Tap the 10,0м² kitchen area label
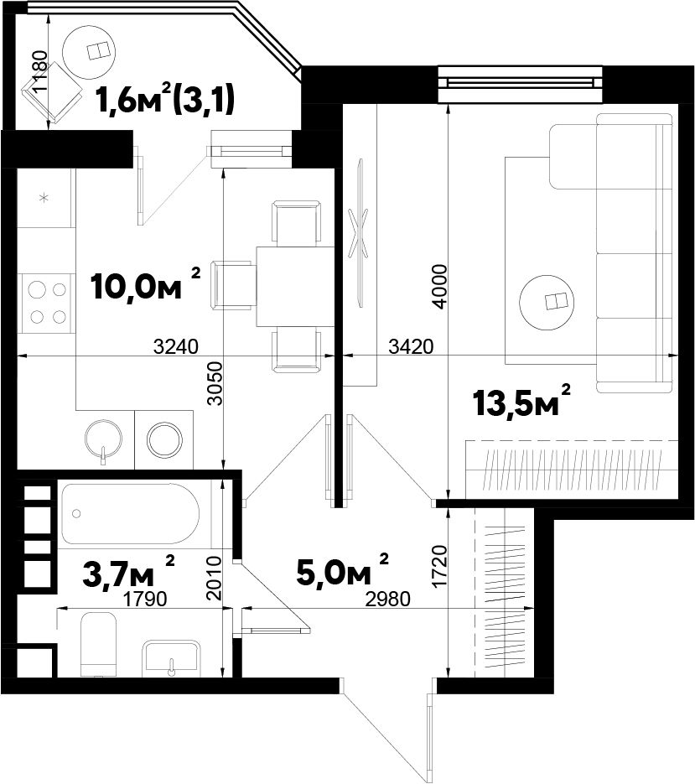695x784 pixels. (x=146, y=284)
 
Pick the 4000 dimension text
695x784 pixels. (x=439, y=287)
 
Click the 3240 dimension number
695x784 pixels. (x=176, y=346)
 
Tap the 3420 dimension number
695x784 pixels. (x=411, y=346)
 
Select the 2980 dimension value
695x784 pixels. (x=388, y=599)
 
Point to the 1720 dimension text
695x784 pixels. (x=439, y=567)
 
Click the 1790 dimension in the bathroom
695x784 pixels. (x=145, y=599)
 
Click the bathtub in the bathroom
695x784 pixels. (x=130, y=513)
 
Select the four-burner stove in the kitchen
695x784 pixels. (x=46, y=303)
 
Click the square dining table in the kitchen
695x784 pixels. (x=295, y=286)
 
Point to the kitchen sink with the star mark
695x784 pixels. (x=45, y=198)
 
